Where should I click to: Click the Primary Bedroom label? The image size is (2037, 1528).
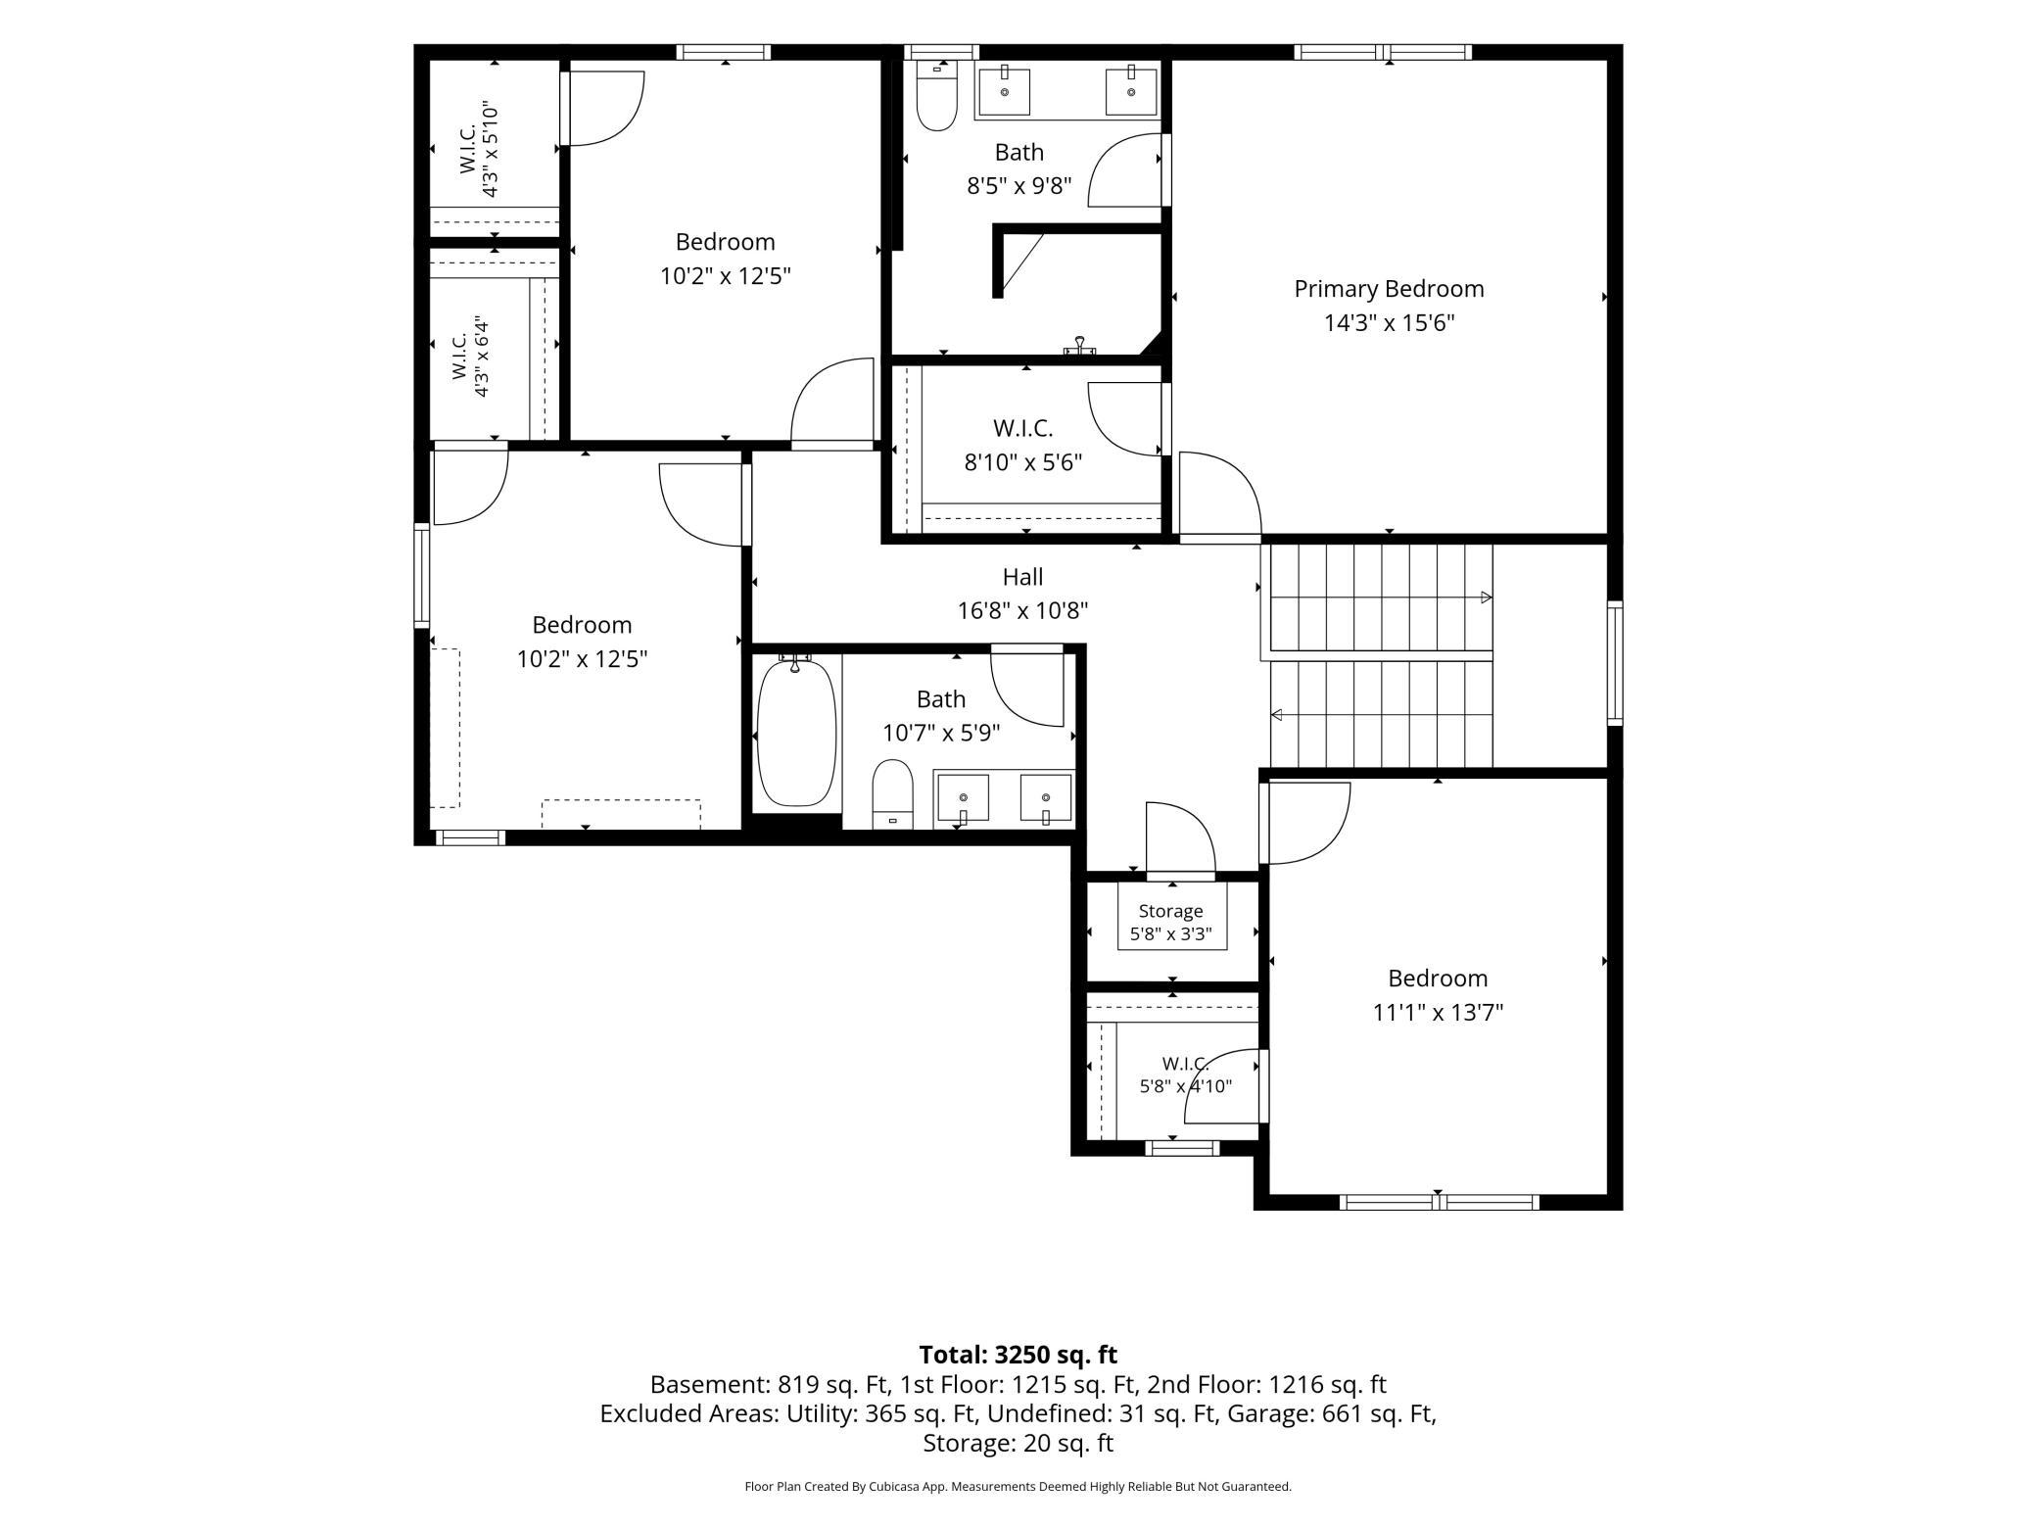coord(1389,289)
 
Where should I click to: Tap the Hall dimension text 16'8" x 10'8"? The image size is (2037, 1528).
coord(1022,610)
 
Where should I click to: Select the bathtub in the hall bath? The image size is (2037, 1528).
coord(797,733)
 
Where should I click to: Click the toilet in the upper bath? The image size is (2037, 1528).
coord(936,95)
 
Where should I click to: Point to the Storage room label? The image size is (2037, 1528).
coord(1170,911)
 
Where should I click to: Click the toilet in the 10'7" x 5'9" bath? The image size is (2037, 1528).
coord(892,793)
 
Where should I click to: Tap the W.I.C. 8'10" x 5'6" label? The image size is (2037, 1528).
coord(1022,445)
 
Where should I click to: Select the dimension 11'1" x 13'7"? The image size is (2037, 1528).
coord(1438,1012)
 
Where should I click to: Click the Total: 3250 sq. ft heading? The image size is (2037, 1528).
coord(1018,1355)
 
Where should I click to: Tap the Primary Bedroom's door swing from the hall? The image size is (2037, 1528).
coord(1220,494)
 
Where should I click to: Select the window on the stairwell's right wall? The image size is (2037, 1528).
coord(1615,663)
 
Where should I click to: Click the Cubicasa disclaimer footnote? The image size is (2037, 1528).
coord(1018,1487)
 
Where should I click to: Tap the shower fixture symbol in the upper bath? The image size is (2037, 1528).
coord(1080,345)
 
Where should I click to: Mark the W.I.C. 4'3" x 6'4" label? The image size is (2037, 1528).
coord(469,357)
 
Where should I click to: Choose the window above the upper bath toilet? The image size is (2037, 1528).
coord(941,52)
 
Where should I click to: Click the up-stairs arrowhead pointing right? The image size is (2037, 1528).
coord(1486,597)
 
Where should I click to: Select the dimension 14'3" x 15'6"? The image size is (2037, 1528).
coord(1389,322)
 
